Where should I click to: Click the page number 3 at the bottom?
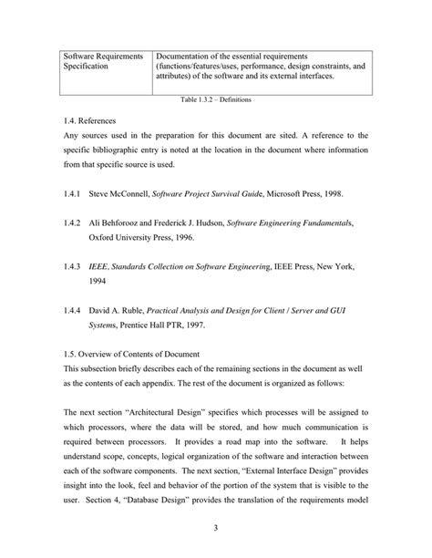[216, 526]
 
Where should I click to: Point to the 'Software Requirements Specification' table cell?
[103, 62]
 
